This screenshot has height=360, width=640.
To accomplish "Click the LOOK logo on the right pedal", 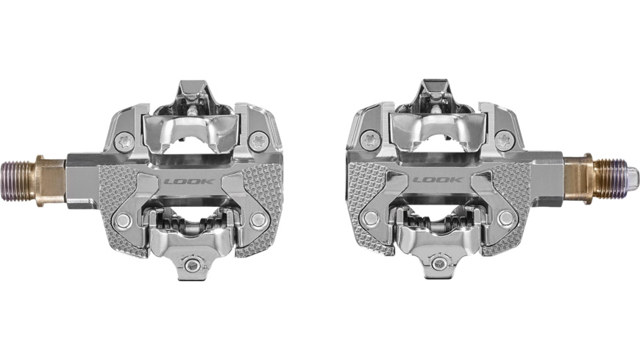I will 438,179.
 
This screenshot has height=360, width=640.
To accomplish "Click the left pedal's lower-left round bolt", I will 124,219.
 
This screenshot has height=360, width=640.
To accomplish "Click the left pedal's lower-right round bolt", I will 258,219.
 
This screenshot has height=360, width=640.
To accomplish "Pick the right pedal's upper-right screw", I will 503,138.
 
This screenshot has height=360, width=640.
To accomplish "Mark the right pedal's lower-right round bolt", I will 505,219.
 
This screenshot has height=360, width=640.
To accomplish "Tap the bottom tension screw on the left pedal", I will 193,265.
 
